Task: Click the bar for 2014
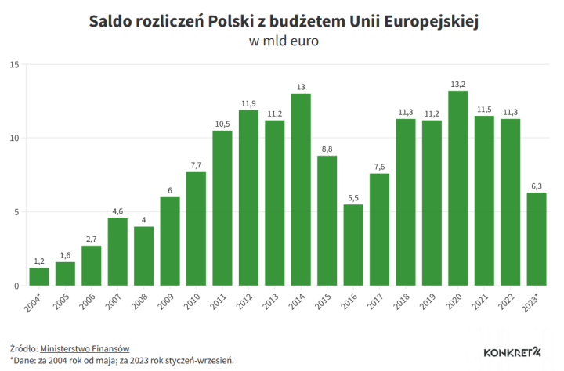pos(301,189)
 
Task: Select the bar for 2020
pos(458,188)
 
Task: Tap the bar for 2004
pos(39,276)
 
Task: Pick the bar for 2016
pos(353,244)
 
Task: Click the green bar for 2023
pos(537,239)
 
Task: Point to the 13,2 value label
pos(458,84)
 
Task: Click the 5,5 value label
pos(353,197)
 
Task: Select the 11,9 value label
pos(248,103)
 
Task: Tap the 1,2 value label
pos(39,261)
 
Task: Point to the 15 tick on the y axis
pos(13,64)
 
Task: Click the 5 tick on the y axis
pos(16,212)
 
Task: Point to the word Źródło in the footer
pos(23,348)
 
